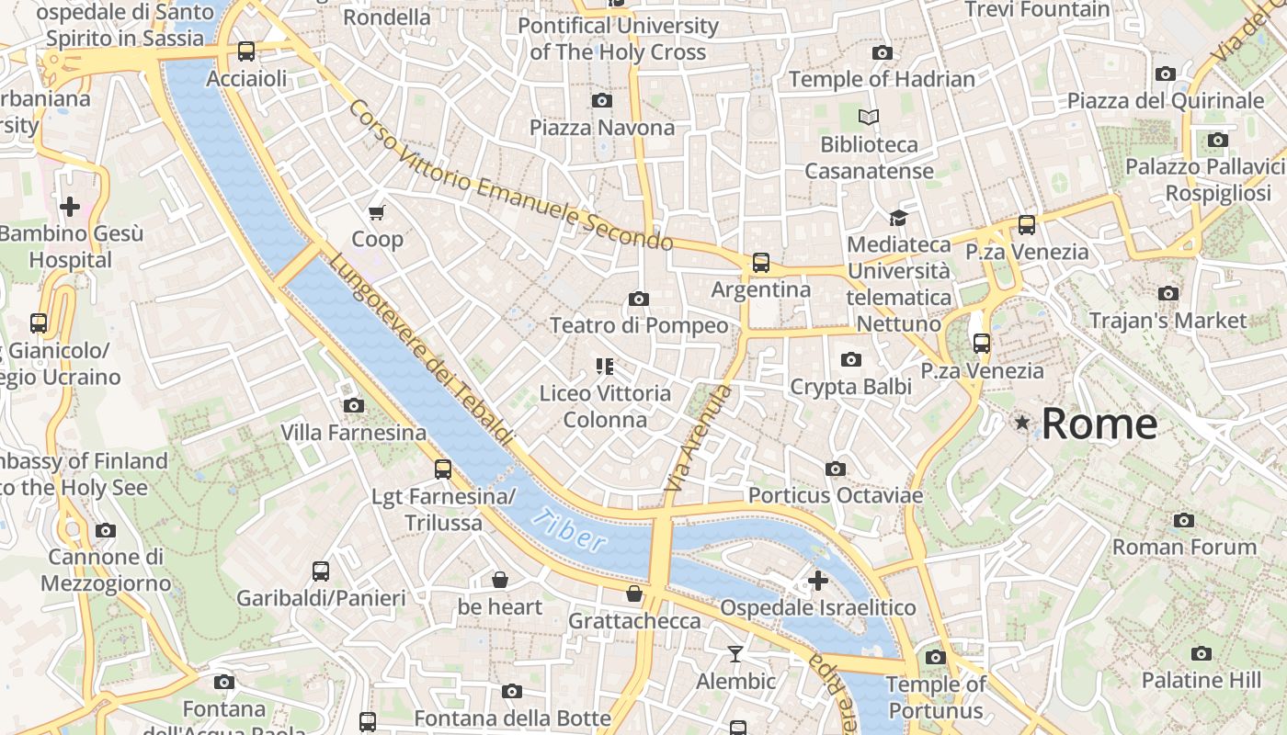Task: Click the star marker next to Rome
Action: pyautogui.click(x=1021, y=422)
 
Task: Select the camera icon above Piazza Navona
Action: pyautogui.click(x=602, y=100)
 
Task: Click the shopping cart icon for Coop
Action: pyautogui.click(x=376, y=213)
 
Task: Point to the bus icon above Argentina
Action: pyautogui.click(x=761, y=263)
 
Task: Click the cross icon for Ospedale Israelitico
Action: pyautogui.click(x=817, y=581)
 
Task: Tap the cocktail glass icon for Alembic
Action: pyautogui.click(x=735, y=654)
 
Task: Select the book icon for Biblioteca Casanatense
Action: pyautogui.click(x=869, y=118)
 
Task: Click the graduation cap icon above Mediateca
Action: pyautogui.click(x=898, y=218)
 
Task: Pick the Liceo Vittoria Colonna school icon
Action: pyautogui.click(x=604, y=367)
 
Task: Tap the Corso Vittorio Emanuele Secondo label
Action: pyautogui.click(x=510, y=175)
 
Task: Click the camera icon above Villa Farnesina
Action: pyautogui.click(x=353, y=405)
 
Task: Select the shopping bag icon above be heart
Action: pyautogui.click(x=499, y=580)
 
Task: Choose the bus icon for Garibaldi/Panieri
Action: pyautogui.click(x=320, y=571)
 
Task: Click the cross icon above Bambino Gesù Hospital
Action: pyautogui.click(x=70, y=207)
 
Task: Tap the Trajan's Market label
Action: pyautogui.click(x=1167, y=321)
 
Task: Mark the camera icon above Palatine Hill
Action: pyautogui.click(x=1201, y=653)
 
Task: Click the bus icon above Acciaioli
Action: pyautogui.click(x=245, y=51)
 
